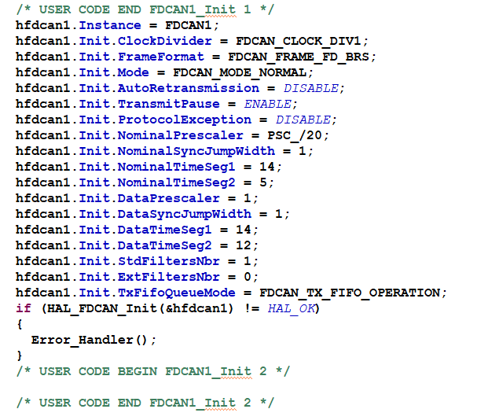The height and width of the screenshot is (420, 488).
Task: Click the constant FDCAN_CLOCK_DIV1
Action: coord(302,41)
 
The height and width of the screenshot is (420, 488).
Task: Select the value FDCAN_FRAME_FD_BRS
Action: coord(302,57)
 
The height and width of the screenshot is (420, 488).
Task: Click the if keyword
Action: coord(23,308)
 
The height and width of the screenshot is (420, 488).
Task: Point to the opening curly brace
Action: coord(19,323)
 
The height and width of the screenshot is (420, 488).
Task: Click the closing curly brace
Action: coord(19,356)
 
